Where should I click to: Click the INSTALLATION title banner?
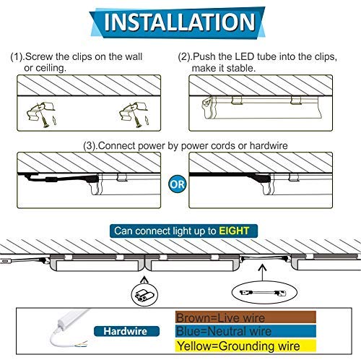[x=178, y=22]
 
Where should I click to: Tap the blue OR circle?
[x=178, y=184]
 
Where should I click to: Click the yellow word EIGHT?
[x=234, y=231]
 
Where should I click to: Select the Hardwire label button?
[x=126, y=331]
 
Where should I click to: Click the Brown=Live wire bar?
[x=245, y=317]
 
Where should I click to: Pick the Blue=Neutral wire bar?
[x=245, y=331]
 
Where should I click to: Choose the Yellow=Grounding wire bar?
[x=245, y=346]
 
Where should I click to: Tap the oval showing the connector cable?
[x=264, y=292]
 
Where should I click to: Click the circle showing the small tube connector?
[x=144, y=295]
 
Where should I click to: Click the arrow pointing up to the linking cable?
[x=262, y=273]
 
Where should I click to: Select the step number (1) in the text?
[x=17, y=57]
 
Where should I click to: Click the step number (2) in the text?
[x=184, y=57]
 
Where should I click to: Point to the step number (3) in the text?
[x=90, y=146]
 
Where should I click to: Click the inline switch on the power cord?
[x=51, y=179]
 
